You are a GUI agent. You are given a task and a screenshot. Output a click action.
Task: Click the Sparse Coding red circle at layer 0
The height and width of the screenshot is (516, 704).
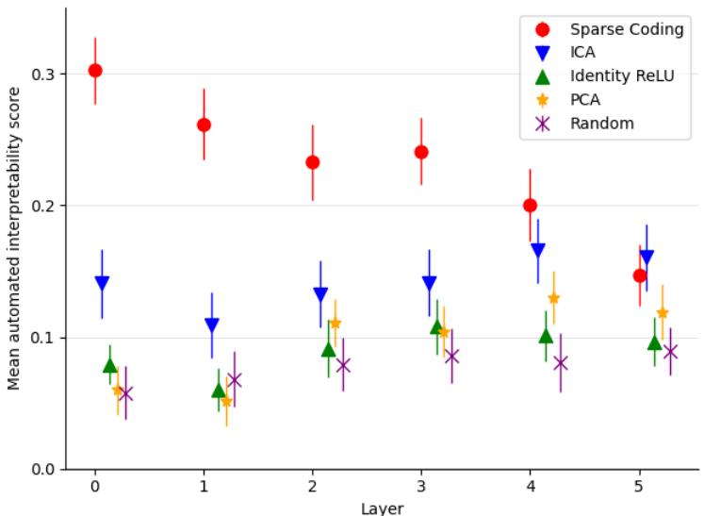[x=95, y=71]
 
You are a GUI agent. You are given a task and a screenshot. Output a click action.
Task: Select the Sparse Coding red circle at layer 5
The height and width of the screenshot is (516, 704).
[x=640, y=275]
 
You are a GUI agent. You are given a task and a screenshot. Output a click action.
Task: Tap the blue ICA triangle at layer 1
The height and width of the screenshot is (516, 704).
[x=212, y=325]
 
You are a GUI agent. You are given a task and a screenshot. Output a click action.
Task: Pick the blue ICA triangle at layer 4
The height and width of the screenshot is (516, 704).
[x=538, y=251]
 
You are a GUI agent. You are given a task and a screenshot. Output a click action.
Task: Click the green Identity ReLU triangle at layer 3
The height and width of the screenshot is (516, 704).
[x=437, y=326]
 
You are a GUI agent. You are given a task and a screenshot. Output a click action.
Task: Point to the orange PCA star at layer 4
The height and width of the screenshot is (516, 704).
[x=553, y=298]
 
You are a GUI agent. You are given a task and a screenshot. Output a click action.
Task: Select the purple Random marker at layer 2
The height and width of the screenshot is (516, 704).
[x=343, y=365]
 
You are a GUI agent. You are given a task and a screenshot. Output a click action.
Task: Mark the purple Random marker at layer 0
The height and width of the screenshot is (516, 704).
[x=125, y=393]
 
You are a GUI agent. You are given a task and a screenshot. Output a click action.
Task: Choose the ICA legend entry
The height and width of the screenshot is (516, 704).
[x=583, y=53]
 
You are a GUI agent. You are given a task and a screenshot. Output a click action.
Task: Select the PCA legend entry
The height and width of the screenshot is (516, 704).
[x=585, y=100]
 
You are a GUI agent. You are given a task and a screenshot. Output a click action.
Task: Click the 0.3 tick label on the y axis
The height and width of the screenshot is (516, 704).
[x=43, y=75]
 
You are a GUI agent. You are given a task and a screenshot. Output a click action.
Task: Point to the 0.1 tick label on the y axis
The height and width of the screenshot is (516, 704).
[x=43, y=338]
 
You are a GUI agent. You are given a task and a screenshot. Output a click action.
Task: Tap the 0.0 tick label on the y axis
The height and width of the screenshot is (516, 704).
[x=43, y=470]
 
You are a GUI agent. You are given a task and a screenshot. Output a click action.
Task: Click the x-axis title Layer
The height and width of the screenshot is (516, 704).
[x=382, y=508]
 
